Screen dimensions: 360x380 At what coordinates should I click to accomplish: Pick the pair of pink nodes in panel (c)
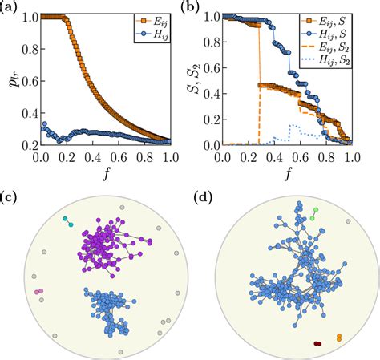click(x=38, y=293)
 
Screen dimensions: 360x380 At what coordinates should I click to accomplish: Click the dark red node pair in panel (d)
click(x=318, y=343)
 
